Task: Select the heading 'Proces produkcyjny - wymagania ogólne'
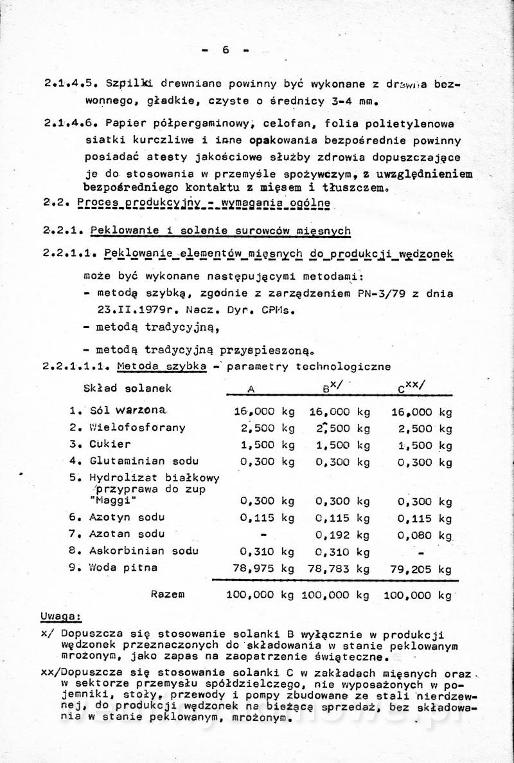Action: (x=203, y=203)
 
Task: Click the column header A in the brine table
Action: (x=251, y=389)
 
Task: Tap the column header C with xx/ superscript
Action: (x=412, y=386)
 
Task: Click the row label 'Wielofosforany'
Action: (x=137, y=427)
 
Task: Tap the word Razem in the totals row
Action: (x=168, y=594)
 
